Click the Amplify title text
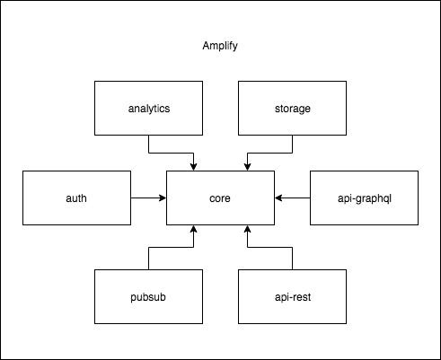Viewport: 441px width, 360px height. (x=221, y=46)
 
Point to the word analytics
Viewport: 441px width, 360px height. (x=148, y=109)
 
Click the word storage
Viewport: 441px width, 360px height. (x=292, y=109)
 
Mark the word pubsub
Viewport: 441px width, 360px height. (x=148, y=294)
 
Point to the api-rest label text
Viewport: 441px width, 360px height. (x=292, y=294)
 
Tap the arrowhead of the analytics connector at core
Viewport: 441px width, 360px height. (x=193, y=166)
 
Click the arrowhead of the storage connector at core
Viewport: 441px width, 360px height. (x=247, y=166)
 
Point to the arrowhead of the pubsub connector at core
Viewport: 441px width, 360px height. (x=193, y=231)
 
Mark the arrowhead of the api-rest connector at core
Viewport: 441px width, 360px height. (x=247, y=231)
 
